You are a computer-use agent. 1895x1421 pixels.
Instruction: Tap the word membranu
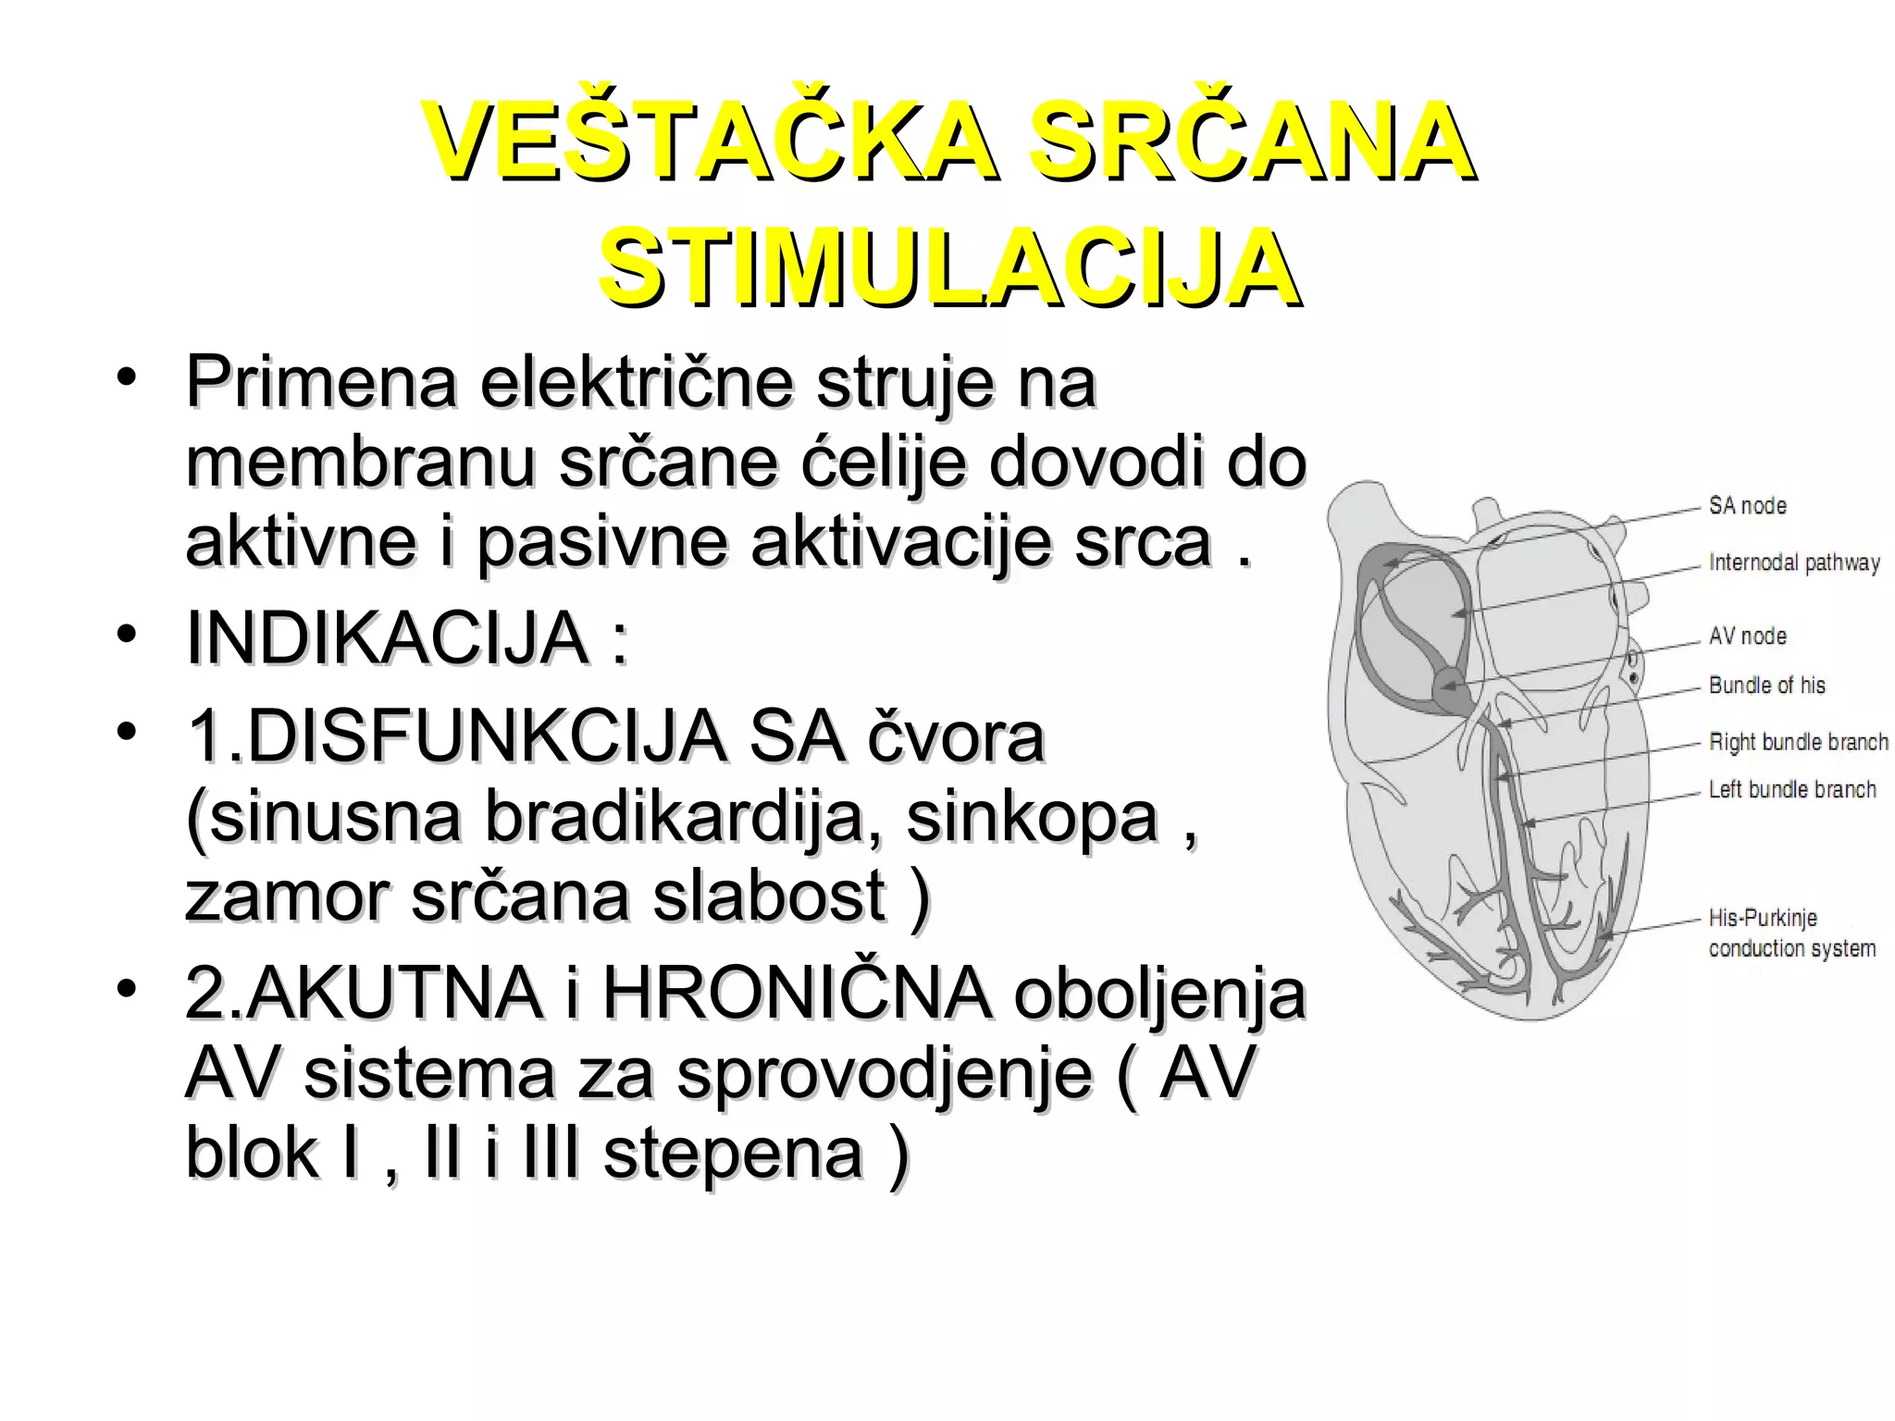pyautogui.click(x=360, y=462)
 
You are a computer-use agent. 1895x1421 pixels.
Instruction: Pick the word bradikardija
pyautogui.click(x=675, y=818)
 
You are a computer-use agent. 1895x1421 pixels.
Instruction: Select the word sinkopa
pyautogui.click(x=1032, y=818)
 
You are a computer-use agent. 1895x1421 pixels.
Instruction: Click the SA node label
pyautogui.click(x=1747, y=506)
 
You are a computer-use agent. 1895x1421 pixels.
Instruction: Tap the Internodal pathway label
pyautogui.click(x=1793, y=562)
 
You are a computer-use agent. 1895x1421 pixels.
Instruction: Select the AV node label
pyautogui.click(x=1747, y=636)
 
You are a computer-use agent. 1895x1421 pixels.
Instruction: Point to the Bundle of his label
pyautogui.click(x=1766, y=686)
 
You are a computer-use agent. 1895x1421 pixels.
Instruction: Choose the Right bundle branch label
pyautogui.click(x=1798, y=742)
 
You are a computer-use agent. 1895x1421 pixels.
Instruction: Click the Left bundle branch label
pyautogui.click(x=1791, y=790)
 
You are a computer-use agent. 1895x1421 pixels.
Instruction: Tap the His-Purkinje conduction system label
pyautogui.click(x=1791, y=933)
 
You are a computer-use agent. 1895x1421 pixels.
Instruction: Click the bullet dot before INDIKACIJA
pyautogui.click(x=127, y=634)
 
